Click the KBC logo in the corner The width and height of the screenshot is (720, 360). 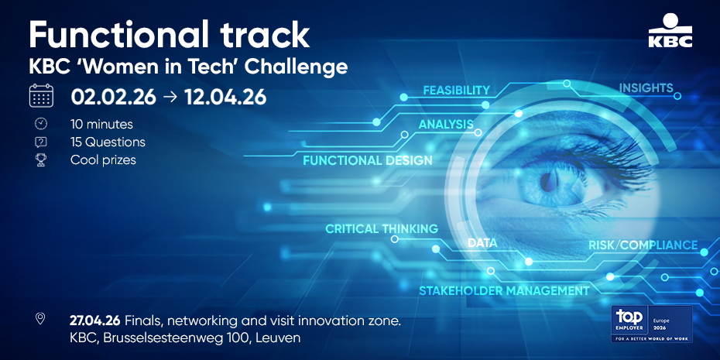[x=670, y=31]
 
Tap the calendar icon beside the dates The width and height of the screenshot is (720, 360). [x=41, y=95]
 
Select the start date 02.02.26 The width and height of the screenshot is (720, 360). [x=113, y=97]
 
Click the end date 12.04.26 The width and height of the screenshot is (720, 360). [x=225, y=97]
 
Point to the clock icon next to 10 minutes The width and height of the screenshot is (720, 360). [x=41, y=124]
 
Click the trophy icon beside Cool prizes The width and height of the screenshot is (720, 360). [x=41, y=160]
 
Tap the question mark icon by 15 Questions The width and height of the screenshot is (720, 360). [x=41, y=142]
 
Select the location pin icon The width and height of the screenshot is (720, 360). [x=40, y=319]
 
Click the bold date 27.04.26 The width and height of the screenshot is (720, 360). [x=95, y=320]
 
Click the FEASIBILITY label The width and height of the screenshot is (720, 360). [x=457, y=90]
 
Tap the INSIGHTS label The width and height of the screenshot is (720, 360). [x=646, y=87]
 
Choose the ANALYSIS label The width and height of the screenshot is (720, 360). [x=446, y=124]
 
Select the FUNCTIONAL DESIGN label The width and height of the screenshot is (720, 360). [x=367, y=161]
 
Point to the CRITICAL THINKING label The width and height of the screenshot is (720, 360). [x=382, y=228]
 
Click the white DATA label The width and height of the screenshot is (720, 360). [x=482, y=243]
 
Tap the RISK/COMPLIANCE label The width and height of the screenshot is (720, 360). [x=643, y=245]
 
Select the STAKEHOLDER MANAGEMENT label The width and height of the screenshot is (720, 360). [x=504, y=290]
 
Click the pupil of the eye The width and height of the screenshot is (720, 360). [x=549, y=182]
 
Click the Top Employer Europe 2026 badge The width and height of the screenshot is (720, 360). [x=652, y=324]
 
